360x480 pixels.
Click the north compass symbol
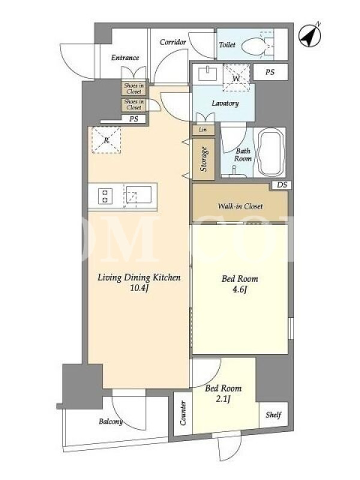(x=310, y=35)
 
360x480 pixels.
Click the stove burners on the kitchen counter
(x=105, y=196)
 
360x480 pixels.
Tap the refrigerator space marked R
(x=106, y=140)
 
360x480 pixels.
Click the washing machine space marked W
(x=236, y=78)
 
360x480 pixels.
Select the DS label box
(x=282, y=185)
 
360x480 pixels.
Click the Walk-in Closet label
(x=240, y=206)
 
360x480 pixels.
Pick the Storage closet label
(x=203, y=159)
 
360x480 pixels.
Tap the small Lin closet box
(x=203, y=130)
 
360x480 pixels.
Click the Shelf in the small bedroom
(x=274, y=415)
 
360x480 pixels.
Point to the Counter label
(x=183, y=413)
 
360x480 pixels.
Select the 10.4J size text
(x=139, y=288)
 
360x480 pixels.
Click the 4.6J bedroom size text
(x=239, y=289)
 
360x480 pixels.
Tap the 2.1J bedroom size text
(x=223, y=399)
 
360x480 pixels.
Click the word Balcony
(x=111, y=422)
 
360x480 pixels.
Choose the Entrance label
(x=125, y=58)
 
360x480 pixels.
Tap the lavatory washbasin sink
(x=208, y=73)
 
